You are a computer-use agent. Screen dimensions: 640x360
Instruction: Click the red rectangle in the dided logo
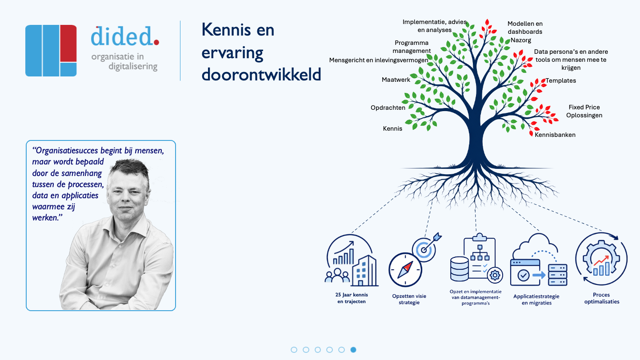(68, 43)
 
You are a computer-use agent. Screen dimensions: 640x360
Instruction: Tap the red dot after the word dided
(156, 42)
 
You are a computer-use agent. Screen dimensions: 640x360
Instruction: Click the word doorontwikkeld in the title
(261, 75)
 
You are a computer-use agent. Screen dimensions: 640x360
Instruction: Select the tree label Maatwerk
(396, 80)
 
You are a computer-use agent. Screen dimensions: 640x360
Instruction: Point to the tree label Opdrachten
(388, 108)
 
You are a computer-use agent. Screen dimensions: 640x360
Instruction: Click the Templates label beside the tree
(560, 80)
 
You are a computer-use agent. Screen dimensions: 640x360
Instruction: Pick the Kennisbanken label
(555, 135)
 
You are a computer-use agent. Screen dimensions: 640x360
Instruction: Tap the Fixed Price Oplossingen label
(584, 111)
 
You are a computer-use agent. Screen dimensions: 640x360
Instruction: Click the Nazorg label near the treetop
(520, 40)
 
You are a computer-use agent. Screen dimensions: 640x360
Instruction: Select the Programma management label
(412, 47)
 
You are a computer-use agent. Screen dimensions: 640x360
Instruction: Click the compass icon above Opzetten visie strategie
(405, 270)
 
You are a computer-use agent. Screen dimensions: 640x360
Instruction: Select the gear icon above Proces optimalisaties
(601, 259)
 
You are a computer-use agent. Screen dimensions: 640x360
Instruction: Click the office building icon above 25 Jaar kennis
(364, 270)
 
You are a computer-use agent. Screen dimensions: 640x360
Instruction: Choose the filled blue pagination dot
(353, 350)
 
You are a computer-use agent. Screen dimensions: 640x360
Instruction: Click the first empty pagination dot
(294, 350)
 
